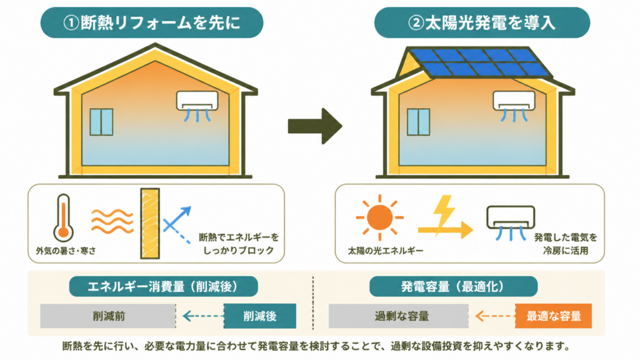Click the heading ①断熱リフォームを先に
(x=152, y=23)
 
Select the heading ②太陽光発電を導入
(x=482, y=23)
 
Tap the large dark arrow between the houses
(x=315, y=126)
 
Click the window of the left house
(x=101, y=122)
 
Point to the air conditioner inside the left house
(x=197, y=105)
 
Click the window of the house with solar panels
(x=418, y=122)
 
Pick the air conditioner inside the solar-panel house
(x=514, y=105)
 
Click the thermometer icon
(x=63, y=218)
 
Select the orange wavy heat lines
(x=112, y=221)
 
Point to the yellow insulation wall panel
(x=150, y=223)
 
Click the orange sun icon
(x=379, y=217)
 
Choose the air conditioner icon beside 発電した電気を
(x=511, y=222)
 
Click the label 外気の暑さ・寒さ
(x=66, y=251)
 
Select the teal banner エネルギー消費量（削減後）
(x=163, y=286)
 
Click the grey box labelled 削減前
(x=107, y=316)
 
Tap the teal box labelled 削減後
(x=260, y=316)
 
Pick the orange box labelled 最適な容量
(x=554, y=316)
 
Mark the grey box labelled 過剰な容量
(x=399, y=316)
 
